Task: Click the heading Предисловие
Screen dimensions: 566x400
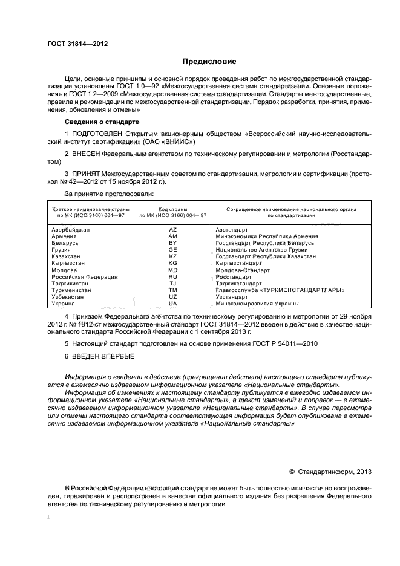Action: pos(209,62)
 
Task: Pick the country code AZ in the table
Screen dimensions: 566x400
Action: pos(172,230)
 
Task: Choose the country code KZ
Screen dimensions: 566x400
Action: pos(172,256)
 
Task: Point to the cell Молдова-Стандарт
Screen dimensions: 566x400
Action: pos(244,270)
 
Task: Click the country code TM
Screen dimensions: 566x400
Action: pos(172,290)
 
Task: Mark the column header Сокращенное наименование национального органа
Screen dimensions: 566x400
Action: pos(291,209)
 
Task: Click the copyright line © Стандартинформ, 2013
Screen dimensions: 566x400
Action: pos(330,472)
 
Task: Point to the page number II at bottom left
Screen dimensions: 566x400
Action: pos(50,518)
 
